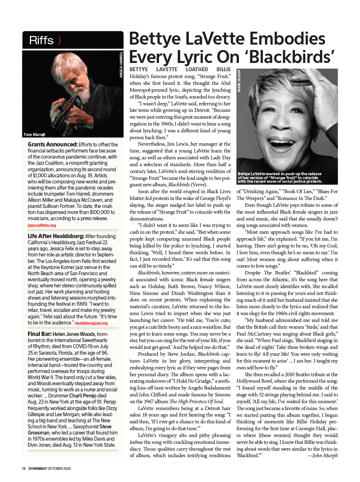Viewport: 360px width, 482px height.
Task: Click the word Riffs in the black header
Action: click(x=41, y=40)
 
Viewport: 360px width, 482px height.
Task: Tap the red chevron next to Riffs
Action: click(x=59, y=40)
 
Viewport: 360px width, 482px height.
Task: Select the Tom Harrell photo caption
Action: click(x=35, y=135)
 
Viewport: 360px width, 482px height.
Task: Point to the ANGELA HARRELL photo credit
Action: click(x=121, y=64)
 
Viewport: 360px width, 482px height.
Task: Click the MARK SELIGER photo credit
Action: click(x=239, y=81)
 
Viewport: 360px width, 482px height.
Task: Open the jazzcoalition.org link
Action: click(x=42, y=225)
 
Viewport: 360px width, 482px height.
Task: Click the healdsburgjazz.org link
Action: click(x=91, y=323)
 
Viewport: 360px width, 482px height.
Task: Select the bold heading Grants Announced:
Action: click(x=53, y=145)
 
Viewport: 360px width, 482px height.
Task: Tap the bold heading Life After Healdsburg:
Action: click(x=56, y=236)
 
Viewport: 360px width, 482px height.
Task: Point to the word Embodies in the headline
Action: click(x=287, y=39)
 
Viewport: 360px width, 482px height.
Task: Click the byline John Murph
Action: click(x=325, y=455)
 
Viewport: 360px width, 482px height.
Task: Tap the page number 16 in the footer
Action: click(x=24, y=469)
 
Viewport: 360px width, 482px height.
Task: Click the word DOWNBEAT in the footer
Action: click(x=38, y=469)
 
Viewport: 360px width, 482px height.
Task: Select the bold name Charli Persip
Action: click(x=83, y=396)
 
